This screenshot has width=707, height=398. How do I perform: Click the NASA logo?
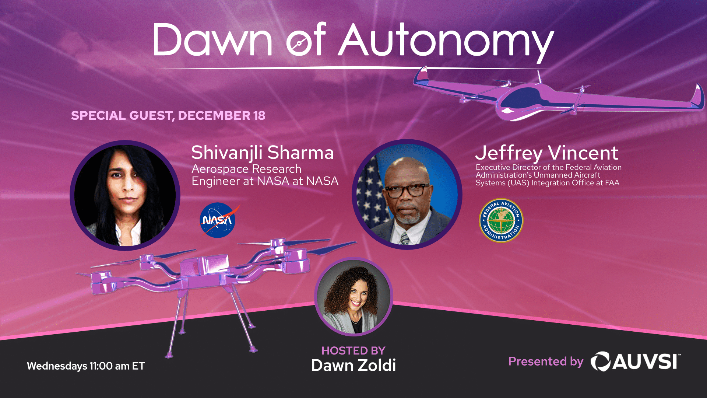click(218, 220)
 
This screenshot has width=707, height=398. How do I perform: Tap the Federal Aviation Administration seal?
click(501, 220)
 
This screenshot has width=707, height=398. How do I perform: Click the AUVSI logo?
click(635, 361)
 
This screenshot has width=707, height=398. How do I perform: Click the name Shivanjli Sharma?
click(263, 153)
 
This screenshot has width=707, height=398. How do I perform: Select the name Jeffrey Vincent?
click(546, 153)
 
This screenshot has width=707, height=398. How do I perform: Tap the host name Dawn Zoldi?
click(353, 365)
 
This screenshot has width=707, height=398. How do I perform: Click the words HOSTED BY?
click(353, 350)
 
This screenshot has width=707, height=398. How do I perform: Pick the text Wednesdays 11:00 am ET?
click(86, 366)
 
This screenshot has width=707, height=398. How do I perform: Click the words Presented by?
click(546, 362)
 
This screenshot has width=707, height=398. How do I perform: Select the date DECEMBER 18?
click(222, 115)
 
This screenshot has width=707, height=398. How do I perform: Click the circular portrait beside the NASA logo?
click(125, 195)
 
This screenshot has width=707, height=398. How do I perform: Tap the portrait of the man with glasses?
click(407, 194)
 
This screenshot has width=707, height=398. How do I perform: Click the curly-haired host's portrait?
click(353, 296)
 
